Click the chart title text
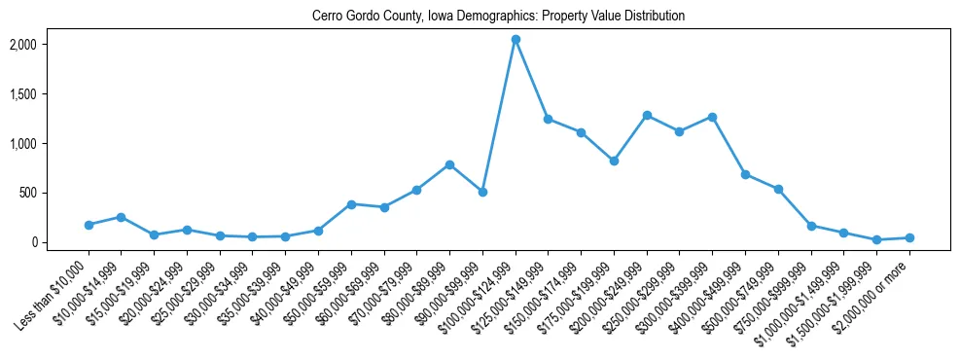pyautogui.click(x=498, y=16)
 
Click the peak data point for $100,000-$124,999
pyautogui.click(x=516, y=39)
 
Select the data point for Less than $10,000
pyautogui.click(x=89, y=225)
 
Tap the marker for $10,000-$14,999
pyautogui.click(x=121, y=217)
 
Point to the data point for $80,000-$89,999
pyautogui.click(x=449, y=164)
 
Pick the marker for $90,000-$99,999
pyautogui.click(x=482, y=192)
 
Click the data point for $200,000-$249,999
pyautogui.click(x=647, y=115)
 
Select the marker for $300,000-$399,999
pyautogui.click(x=712, y=117)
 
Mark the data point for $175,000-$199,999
pyautogui.click(x=614, y=161)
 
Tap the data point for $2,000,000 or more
pyautogui.click(x=909, y=237)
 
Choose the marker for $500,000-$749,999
pyautogui.click(x=778, y=189)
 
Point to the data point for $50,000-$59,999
pyautogui.click(x=351, y=204)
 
